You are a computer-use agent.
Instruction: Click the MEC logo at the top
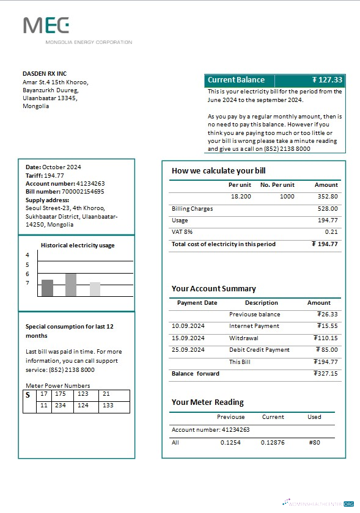[46, 26]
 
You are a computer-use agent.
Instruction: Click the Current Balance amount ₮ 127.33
[327, 80]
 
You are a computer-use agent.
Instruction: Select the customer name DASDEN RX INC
[45, 74]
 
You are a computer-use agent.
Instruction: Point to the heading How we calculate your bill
[218, 170]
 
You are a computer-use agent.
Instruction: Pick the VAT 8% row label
[182, 232]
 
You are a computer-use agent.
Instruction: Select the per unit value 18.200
[240, 197]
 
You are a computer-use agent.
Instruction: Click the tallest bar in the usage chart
[71, 285]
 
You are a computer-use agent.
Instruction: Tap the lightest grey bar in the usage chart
[95, 289]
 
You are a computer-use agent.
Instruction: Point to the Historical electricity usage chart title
[78, 246]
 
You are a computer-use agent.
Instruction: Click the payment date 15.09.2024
[188, 338]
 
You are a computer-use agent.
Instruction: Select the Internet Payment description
[254, 326]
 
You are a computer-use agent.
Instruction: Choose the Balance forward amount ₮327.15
[325, 374]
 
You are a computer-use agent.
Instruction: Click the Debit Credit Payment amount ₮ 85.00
[328, 350]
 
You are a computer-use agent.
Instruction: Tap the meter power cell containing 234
[61, 406]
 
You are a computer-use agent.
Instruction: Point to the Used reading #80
[314, 443]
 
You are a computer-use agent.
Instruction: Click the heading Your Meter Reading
[207, 402]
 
